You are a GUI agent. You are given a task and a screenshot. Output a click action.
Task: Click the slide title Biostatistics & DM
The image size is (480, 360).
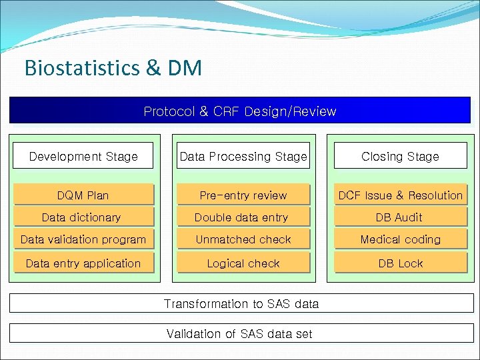coord(112,68)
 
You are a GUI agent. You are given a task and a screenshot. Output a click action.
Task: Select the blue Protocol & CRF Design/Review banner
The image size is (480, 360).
coord(240,111)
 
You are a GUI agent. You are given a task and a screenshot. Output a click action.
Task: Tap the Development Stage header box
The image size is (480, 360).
coord(83,157)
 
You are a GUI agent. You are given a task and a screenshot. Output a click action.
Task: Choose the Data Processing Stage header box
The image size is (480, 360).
coord(243,157)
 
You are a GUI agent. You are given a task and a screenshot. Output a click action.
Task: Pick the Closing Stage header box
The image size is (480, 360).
coord(400,157)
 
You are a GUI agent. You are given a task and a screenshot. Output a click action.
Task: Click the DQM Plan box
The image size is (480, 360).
coord(83,195)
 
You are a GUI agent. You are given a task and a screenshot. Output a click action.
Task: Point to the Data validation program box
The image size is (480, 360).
coord(83,239)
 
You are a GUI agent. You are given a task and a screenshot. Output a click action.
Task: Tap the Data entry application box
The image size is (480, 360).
coord(83,263)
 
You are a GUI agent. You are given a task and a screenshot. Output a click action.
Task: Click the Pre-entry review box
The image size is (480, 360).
coord(243,195)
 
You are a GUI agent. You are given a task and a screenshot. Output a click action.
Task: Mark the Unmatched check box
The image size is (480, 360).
coord(243,239)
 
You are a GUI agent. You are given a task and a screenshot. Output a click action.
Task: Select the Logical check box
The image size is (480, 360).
coord(243,263)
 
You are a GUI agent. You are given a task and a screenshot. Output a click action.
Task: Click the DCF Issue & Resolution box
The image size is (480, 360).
coord(400,195)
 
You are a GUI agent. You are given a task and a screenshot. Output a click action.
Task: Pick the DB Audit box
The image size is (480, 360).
coord(400,217)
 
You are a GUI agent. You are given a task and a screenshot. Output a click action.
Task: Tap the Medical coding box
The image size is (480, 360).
coord(400,239)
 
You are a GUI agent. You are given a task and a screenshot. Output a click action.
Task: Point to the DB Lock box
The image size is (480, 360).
coord(400,263)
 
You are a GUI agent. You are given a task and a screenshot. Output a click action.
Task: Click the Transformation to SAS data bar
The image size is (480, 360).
coord(241,304)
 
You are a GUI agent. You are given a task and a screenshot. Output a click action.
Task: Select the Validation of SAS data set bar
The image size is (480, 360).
coord(239,333)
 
